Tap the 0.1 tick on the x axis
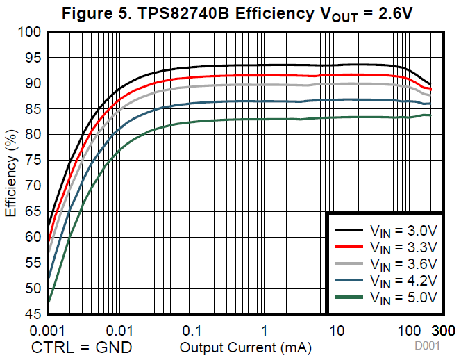[192, 329]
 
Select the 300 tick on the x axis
[444, 329]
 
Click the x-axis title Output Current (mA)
[245, 346]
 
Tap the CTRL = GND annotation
[81, 346]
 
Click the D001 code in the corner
[427, 345]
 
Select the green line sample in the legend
[349, 297]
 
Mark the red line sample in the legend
[349, 247]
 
